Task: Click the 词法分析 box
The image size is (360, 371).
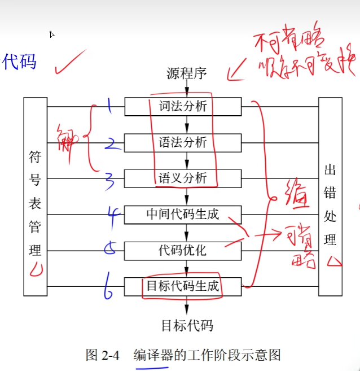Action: click(183, 106)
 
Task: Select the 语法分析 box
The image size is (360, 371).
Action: click(183, 142)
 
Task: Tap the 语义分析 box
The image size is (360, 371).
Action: click(183, 178)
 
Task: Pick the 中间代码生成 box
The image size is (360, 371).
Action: click(183, 215)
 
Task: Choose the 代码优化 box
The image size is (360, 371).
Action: click(183, 250)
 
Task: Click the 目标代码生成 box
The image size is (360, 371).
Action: click(183, 286)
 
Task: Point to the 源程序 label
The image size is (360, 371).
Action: click(187, 73)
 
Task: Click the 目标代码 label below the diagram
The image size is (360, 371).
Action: click(187, 325)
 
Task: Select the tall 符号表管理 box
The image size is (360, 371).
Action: click(35, 197)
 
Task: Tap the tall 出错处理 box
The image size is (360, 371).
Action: click(330, 197)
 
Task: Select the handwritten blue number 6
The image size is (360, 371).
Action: click(108, 288)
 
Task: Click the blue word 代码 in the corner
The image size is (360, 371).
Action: click(19, 62)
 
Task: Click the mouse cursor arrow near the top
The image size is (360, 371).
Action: click(52, 35)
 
